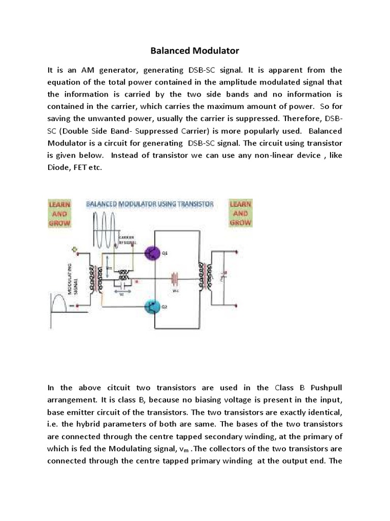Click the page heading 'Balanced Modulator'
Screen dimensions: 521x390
194,51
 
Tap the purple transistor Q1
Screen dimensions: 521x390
152,253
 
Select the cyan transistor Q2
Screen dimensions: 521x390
152,307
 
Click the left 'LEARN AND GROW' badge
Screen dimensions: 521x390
59,213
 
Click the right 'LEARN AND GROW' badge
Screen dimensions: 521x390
241,213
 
